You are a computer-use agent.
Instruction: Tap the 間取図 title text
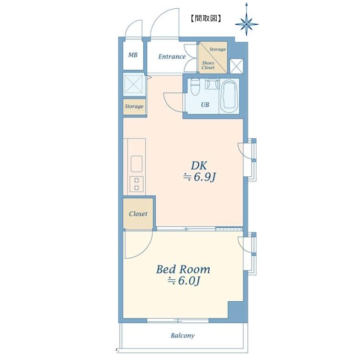click(x=206, y=18)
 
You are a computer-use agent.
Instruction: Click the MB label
click(x=133, y=55)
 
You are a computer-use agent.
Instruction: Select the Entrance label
click(x=172, y=56)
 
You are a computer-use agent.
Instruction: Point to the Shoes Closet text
click(x=208, y=65)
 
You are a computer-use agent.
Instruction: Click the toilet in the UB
click(x=196, y=87)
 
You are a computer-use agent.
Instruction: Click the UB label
click(x=205, y=105)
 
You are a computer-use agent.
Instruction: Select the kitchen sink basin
click(x=136, y=163)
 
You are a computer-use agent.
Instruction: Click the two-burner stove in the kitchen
click(x=137, y=184)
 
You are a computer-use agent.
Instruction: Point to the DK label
click(x=199, y=165)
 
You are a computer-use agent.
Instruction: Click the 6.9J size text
click(x=199, y=177)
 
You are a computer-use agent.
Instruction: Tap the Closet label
click(x=138, y=214)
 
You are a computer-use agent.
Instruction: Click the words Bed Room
click(x=183, y=269)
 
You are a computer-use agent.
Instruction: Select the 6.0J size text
click(x=183, y=281)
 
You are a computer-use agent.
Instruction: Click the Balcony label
click(x=183, y=336)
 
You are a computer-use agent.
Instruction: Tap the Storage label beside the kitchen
click(x=134, y=107)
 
